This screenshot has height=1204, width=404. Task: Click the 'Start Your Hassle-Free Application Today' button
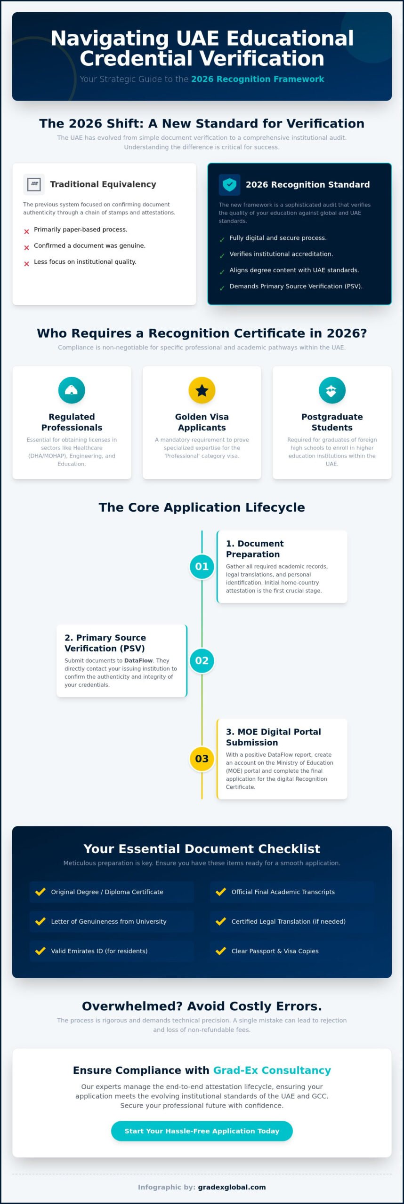tap(202, 1131)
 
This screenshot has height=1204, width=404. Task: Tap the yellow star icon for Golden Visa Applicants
tap(202, 390)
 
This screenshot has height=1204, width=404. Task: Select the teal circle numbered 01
tap(202, 566)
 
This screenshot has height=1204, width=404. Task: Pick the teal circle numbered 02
tap(202, 660)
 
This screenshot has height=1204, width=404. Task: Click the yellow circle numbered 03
tap(202, 758)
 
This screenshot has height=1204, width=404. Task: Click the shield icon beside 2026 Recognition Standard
tap(229, 184)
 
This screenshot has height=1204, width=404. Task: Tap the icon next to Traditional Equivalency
tap(34, 184)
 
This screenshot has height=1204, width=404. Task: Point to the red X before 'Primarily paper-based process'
tap(26, 231)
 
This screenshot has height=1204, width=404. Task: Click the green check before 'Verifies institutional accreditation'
tap(222, 256)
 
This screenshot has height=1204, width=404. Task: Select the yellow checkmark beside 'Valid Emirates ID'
tap(40, 951)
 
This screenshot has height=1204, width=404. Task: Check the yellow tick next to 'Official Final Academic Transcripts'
tap(221, 891)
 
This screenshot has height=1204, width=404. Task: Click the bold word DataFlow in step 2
tap(138, 660)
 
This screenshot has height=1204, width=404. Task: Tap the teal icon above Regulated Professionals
tap(72, 390)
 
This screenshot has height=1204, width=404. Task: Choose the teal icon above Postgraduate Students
tap(332, 390)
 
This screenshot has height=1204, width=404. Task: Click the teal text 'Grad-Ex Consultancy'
tap(272, 1070)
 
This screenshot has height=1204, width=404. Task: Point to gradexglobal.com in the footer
tap(232, 1187)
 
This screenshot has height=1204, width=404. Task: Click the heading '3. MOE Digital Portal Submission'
tap(274, 737)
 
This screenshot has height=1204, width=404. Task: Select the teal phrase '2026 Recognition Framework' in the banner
tap(258, 79)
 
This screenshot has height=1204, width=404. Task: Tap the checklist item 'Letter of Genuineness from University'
tap(109, 921)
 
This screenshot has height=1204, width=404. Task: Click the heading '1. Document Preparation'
tap(255, 549)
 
